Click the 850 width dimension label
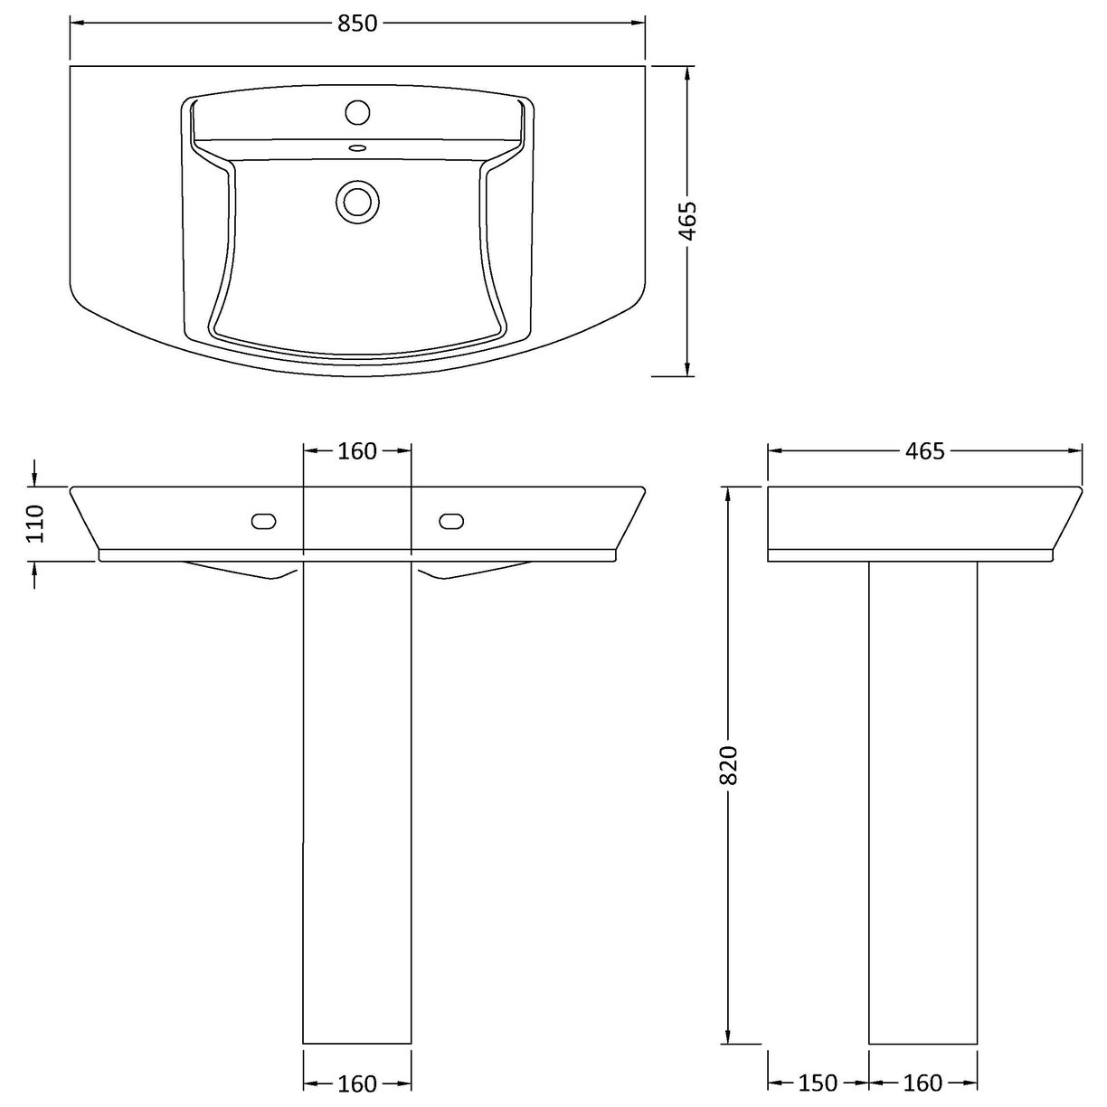tap(357, 24)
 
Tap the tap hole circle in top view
tap(358, 112)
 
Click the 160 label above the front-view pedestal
tap(357, 450)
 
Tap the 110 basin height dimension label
tap(35, 523)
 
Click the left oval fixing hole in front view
tap(264, 520)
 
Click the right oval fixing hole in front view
tap(451, 520)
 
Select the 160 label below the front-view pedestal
tap(357, 1083)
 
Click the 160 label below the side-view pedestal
tap(922, 1083)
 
